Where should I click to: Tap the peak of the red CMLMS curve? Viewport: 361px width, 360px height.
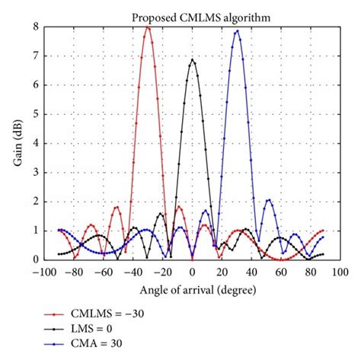click(x=148, y=28)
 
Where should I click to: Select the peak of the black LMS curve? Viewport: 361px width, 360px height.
click(x=192, y=60)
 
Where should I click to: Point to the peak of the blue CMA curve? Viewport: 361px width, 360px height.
click(x=237, y=31)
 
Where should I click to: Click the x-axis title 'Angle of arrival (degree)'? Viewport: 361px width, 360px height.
click(x=192, y=290)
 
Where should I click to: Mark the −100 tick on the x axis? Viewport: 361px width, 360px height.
click(x=46, y=272)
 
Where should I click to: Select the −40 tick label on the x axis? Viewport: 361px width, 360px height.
click(x=133, y=272)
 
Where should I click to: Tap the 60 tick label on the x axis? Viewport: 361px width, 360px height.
click(x=281, y=272)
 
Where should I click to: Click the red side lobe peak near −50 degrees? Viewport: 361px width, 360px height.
click(x=117, y=207)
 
